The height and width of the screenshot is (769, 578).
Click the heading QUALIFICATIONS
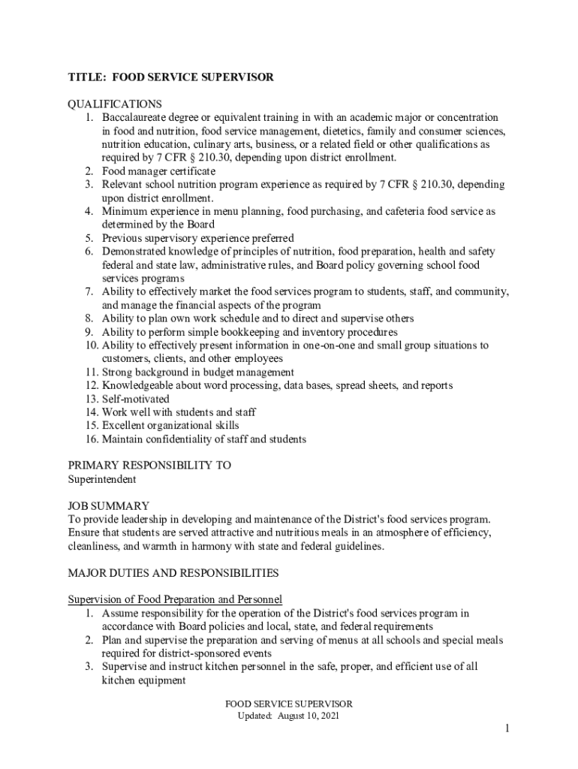tap(115, 104)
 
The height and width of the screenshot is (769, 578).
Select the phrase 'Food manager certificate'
tap(158, 171)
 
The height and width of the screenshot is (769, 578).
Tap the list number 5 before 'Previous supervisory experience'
tap(88, 238)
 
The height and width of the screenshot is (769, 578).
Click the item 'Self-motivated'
tap(136, 399)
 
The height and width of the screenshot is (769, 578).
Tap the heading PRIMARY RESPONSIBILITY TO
tap(149, 466)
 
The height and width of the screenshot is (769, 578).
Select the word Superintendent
tap(102, 479)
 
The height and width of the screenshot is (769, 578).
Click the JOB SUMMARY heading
tap(109, 506)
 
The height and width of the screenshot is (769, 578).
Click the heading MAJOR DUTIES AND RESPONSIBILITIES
tap(173, 573)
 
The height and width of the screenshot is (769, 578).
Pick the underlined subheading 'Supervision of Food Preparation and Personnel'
tap(175, 600)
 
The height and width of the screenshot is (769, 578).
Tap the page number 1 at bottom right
tap(507, 729)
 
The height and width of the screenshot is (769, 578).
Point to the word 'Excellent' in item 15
tap(125, 426)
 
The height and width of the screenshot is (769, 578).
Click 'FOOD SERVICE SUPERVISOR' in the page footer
tap(289, 704)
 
